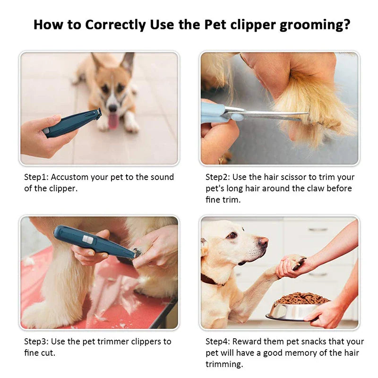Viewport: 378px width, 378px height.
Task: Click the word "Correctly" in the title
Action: [x=110, y=25]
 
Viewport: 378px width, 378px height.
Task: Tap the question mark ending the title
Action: [x=346, y=25]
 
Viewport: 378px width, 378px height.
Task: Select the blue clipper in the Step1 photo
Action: [x=71, y=124]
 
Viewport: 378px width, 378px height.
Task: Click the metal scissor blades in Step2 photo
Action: [x=269, y=114]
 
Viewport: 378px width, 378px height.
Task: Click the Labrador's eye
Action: [x=232, y=235]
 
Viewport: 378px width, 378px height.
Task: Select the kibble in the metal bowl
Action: [x=302, y=298]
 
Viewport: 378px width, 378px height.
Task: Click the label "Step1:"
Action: [x=36, y=177]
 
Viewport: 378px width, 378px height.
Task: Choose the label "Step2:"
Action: [x=217, y=177]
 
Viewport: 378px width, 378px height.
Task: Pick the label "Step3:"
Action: [x=36, y=341]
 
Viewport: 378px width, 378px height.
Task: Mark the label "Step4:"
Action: [x=217, y=341]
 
